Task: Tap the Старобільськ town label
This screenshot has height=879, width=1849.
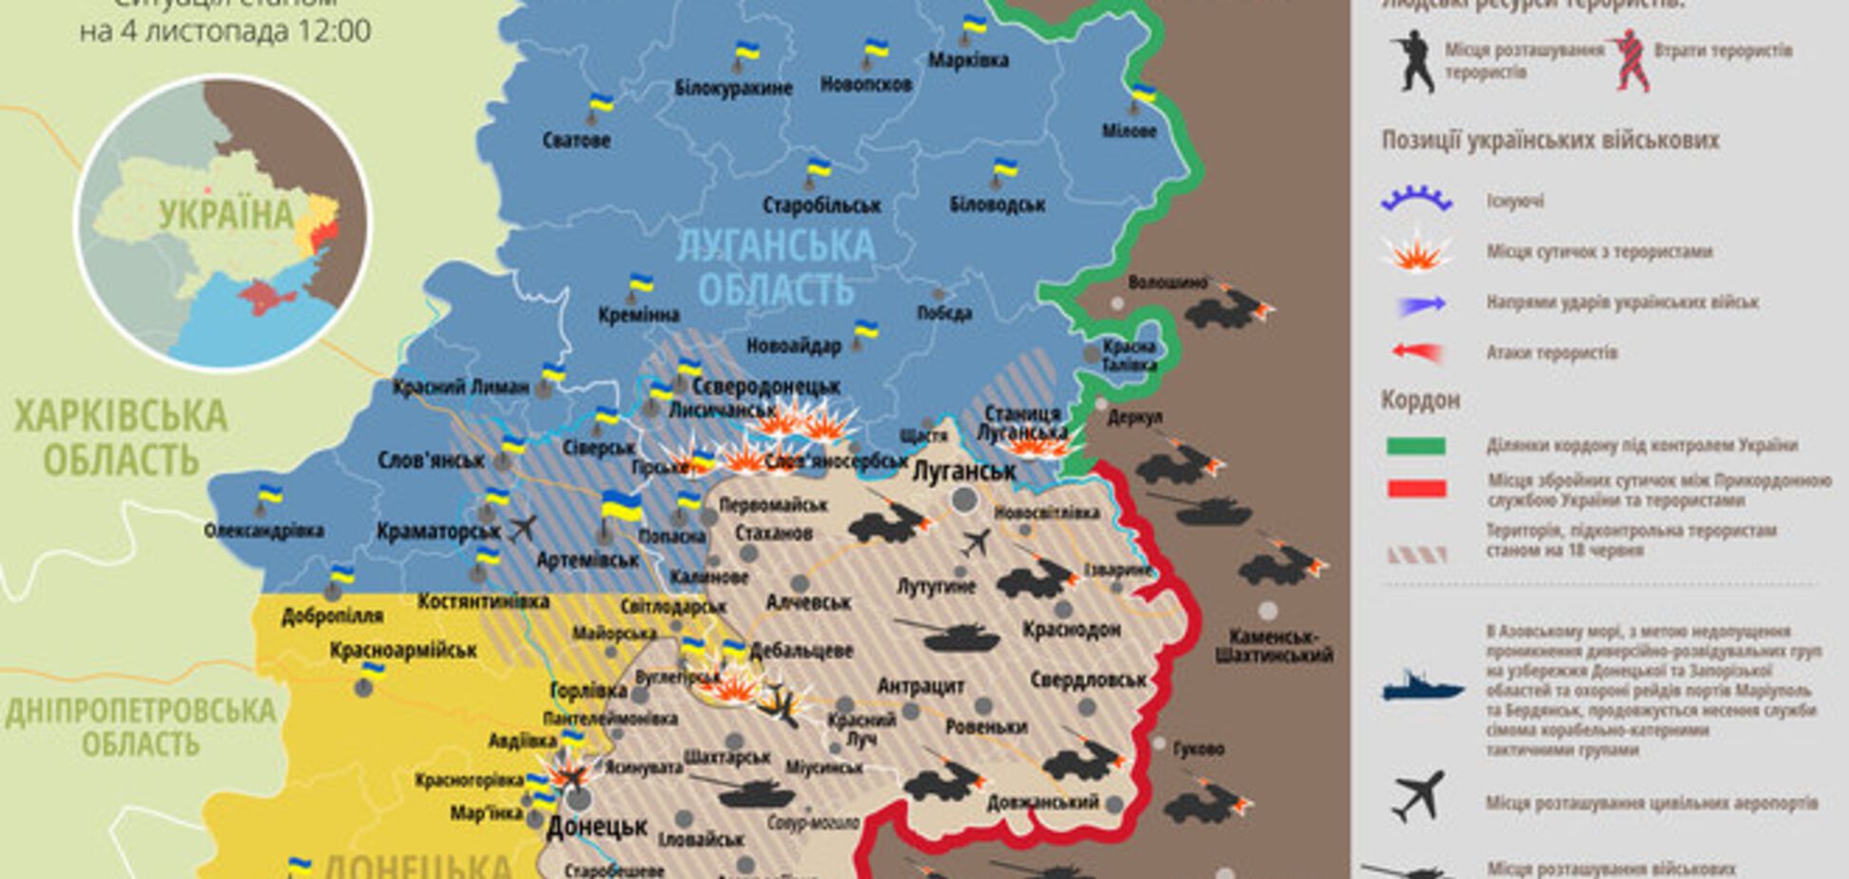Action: coord(821,205)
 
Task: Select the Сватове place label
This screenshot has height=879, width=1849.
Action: coord(576,141)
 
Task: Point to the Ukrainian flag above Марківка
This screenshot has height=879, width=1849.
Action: coord(974,26)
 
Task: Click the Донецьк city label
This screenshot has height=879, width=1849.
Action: coord(597,827)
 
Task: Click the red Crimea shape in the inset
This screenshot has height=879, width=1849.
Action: coord(265,297)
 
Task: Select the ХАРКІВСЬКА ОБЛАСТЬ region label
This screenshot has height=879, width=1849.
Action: coord(121,438)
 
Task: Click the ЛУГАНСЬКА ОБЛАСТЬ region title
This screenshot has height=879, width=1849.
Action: coord(775,266)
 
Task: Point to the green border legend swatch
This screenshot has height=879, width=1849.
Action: coord(1416,446)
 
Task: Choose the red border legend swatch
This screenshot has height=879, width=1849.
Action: coord(1416,489)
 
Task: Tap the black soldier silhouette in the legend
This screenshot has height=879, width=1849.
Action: coord(1412,60)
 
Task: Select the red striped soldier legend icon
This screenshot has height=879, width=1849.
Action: coord(1630,60)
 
